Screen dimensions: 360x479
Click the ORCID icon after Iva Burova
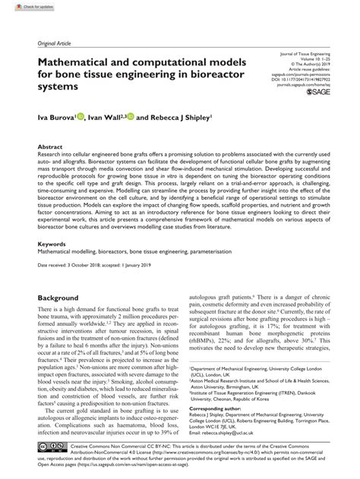[81, 117]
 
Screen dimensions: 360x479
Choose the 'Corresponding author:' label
[212, 407]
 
